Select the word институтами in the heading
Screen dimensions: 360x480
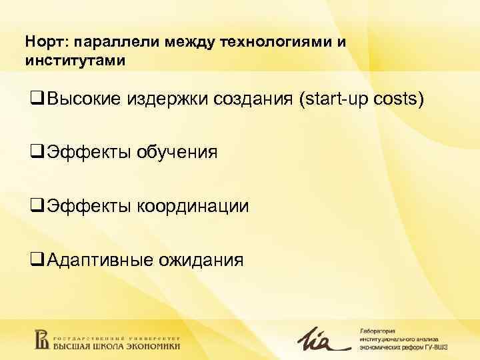(75, 61)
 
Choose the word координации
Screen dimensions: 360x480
(193, 206)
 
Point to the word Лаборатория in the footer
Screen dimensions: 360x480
(378, 329)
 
